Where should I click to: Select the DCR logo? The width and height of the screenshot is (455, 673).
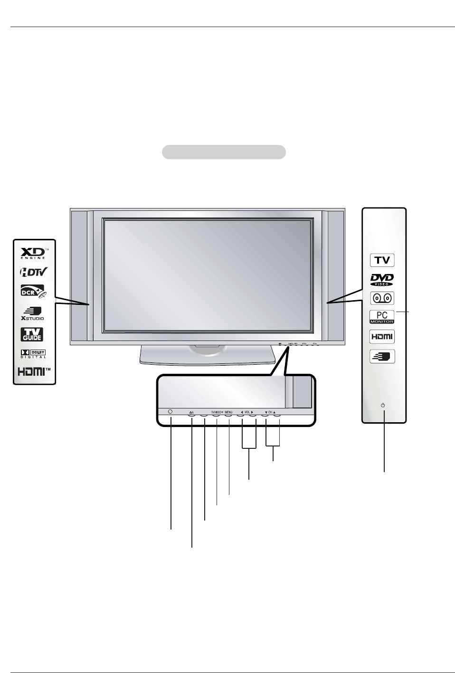(32, 291)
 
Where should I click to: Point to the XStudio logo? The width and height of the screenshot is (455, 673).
(33, 313)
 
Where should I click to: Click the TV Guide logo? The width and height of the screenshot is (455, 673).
(31, 334)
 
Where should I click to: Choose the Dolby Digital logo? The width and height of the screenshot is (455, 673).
(33, 354)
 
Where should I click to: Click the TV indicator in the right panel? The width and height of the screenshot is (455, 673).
(382, 260)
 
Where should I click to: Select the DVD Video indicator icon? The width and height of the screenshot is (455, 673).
(382, 280)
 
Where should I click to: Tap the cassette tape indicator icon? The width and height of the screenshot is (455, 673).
(382, 298)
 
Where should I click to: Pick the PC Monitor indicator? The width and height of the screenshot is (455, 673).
(382, 317)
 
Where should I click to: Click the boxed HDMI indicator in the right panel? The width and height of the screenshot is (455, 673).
(382, 337)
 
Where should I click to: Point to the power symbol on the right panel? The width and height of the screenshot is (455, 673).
(383, 406)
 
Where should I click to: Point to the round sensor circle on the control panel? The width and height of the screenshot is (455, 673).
(171, 412)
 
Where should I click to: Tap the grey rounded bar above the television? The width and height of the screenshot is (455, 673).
(224, 152)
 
